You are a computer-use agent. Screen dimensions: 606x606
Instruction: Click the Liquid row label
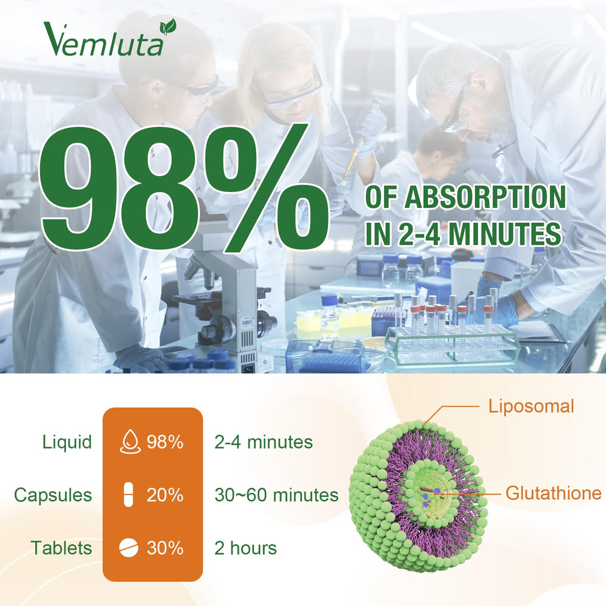pos(67,442)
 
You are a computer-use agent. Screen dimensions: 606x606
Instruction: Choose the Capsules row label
pos(53,495)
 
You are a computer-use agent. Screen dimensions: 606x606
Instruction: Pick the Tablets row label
pos(62,548)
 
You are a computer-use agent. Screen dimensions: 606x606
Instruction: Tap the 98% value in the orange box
pos(165,442)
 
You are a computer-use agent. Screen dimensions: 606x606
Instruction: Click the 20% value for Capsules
pos(165,495)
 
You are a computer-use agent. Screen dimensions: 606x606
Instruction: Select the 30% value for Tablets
pos(165,548)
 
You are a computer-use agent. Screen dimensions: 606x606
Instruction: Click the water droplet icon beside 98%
pos(128,442)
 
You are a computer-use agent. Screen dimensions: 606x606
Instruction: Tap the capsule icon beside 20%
pos(128,495)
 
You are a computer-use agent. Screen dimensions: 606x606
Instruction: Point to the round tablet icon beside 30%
pos(128,548)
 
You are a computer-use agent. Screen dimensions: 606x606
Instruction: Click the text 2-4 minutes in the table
pos(264,442)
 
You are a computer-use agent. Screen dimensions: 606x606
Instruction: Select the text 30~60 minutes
pos(276,495)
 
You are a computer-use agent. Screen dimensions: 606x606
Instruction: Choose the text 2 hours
pos(245,548)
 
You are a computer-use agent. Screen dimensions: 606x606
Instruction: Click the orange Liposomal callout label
pos(531,406)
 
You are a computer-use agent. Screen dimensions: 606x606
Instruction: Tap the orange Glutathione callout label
pos(553,493)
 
